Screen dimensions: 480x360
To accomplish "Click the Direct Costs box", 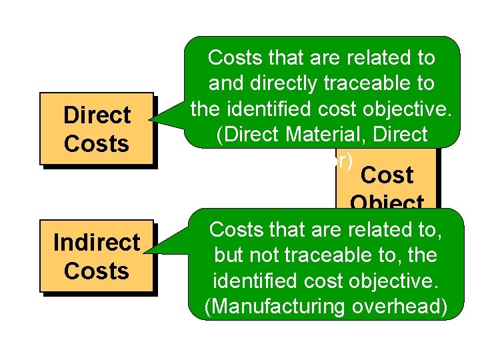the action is tap(97, 129).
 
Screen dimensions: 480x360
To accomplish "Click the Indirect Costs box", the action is tap(97, 256).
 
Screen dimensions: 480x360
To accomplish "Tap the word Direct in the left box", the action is tap(97, 115).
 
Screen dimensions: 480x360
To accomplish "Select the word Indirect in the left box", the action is tap(97, 243).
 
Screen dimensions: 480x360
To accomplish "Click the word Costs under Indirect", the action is tap(97, 271).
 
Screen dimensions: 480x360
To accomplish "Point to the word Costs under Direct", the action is tap(97, 143).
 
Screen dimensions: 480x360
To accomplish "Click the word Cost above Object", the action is tap(387, 175).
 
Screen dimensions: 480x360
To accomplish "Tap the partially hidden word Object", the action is tap(387, 202).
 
